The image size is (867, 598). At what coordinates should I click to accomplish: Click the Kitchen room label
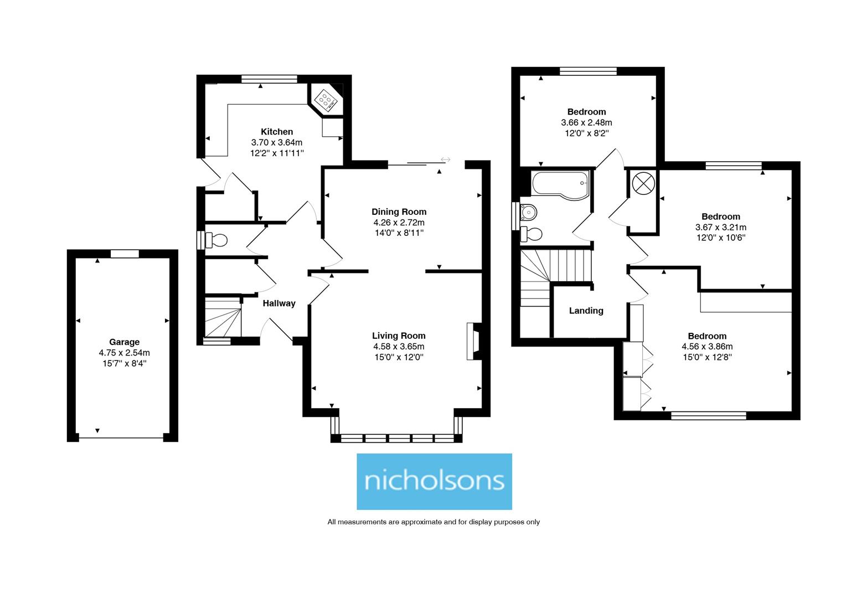click(x=277, y=132)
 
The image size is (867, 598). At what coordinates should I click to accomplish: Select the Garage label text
click(x=124, y=342)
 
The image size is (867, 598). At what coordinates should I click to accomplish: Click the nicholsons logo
click(x=434, y=481)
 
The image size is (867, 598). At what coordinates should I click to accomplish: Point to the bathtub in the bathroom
click(x=559, y=183)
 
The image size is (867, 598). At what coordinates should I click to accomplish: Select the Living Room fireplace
click(x=474, y=342)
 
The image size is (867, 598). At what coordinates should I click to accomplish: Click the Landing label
click(x=586, y=311)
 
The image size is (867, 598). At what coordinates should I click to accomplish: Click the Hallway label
click(x=278, y=303)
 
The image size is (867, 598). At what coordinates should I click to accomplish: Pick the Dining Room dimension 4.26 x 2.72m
click(x=399, y=222)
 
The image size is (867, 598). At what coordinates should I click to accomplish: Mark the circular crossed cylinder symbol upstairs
click(x=643, y=183)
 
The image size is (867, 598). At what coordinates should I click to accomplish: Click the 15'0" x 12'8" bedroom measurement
click(x=707, y=357)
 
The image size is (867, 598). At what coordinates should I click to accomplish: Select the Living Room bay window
click(x=396, y=438)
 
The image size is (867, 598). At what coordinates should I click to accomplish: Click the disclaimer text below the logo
click(x=433, y=522)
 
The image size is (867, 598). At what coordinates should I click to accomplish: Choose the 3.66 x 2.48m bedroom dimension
click(x=586, y=122)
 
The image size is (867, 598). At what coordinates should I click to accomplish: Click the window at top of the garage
click(x=125, y=254)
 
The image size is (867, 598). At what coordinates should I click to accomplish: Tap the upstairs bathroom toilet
click(x=531, y=234)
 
